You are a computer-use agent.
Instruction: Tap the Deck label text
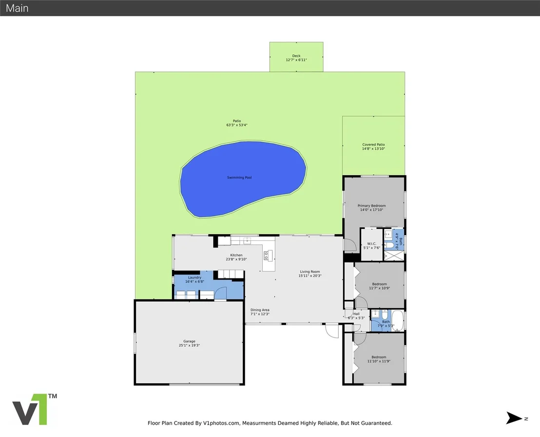[296, 56]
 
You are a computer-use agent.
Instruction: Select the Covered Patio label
[373, 145]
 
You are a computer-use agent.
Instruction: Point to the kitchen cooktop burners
[266, 256]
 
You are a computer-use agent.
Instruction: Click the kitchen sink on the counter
[247, 240]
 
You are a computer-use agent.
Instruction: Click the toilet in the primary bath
[389, 245]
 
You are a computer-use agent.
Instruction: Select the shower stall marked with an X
[394, 256]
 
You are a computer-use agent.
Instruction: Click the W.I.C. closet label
[371, 244]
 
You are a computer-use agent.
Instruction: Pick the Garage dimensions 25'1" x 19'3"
[189, 345]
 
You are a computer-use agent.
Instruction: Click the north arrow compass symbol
[514, 418]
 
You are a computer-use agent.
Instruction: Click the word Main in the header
[17, 8]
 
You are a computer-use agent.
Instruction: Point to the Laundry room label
[194, 278]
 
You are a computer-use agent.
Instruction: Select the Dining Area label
[260, 310]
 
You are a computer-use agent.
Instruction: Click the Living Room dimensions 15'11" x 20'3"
[310, 276]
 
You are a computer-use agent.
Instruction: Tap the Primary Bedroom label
[371, 206]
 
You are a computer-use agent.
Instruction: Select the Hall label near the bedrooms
[356, 314]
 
